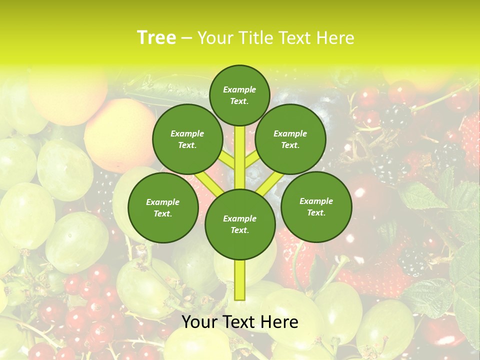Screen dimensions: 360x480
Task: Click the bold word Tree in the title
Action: (156, 38)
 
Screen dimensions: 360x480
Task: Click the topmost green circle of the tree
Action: (239, 95)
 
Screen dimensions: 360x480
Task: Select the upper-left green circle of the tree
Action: (187, 139)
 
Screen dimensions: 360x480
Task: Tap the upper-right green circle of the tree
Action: (290, 139)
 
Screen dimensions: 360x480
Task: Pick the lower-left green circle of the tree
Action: (163, 207)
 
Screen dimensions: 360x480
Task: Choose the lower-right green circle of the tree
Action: (316, 206)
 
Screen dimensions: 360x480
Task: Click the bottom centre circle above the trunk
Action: (239, 224)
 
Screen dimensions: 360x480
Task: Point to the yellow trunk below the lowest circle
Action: (239, 280)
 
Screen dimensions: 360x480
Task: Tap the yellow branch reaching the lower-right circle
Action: (270, 183)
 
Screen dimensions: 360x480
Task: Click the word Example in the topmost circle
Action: (239, 89)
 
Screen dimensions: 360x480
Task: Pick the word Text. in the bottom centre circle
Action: (239, 230)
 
